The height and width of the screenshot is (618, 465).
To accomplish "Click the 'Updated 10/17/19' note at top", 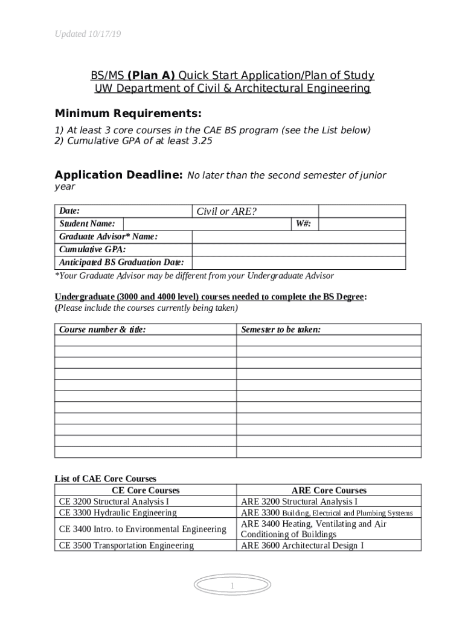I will tap(88, 34).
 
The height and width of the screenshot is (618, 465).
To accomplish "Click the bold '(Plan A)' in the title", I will tap(151, 75).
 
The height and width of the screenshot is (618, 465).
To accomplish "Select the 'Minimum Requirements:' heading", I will tap(128, 114).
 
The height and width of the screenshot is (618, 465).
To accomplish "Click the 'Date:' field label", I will tap(70, 211).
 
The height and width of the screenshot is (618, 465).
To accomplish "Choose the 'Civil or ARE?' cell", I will tap(226, 211).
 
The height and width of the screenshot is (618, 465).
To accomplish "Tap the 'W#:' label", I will tap(303, 224).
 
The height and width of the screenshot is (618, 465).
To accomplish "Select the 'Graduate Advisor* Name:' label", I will tap(108, 237).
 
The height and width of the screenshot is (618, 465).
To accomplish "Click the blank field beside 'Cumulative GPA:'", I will tap(298, 250).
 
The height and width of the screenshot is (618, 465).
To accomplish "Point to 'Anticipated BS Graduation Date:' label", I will tap(121, 263).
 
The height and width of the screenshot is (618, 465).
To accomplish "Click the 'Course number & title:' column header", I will tap(102, 330).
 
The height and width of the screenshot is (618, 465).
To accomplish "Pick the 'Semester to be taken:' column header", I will tap(281, 330).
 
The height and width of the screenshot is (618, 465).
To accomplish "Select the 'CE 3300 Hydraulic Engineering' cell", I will tap(118, 512).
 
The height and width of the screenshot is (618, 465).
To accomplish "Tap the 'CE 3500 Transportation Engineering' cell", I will tap(126, 546).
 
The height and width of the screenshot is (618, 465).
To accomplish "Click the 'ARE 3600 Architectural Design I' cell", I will tap(302, 546).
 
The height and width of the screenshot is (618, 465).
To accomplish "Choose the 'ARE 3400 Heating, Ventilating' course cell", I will tap(313, 529).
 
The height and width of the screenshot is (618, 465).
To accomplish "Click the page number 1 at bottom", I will tap(232, 586).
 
